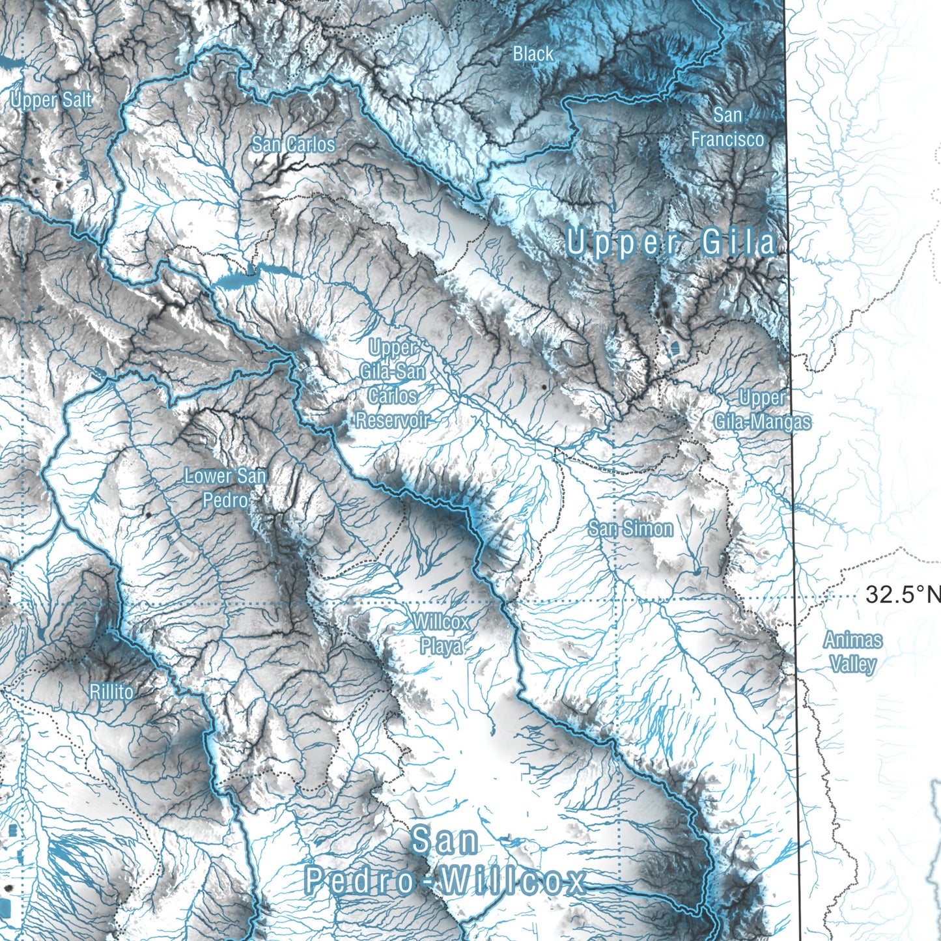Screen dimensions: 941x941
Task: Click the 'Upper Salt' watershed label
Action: point(51,100)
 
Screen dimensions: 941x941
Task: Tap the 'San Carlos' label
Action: point(293,144)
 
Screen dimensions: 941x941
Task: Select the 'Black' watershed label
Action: point(533,54)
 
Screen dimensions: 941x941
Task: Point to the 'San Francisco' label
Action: point(727,127)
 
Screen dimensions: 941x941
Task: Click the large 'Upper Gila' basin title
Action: point(671,244)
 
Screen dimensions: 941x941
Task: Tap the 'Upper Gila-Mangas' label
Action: point(763,410)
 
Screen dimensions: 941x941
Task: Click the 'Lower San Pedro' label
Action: point(225,488)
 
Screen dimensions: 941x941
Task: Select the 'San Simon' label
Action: point(630,528)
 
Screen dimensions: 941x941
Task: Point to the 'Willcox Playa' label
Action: point(441,634)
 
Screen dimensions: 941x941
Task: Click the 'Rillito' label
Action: point(111,692)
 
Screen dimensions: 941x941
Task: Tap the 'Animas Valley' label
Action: point(853,652)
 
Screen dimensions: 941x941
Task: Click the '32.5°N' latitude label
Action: point(903,595)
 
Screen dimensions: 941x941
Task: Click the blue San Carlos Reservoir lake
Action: point(236,281)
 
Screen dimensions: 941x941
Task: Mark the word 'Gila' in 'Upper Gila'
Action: point(739,244)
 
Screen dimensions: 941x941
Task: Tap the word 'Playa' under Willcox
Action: point(442,646)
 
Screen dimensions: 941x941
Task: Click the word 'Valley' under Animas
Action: point(853,664)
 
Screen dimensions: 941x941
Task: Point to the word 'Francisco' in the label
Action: point(727,139)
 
